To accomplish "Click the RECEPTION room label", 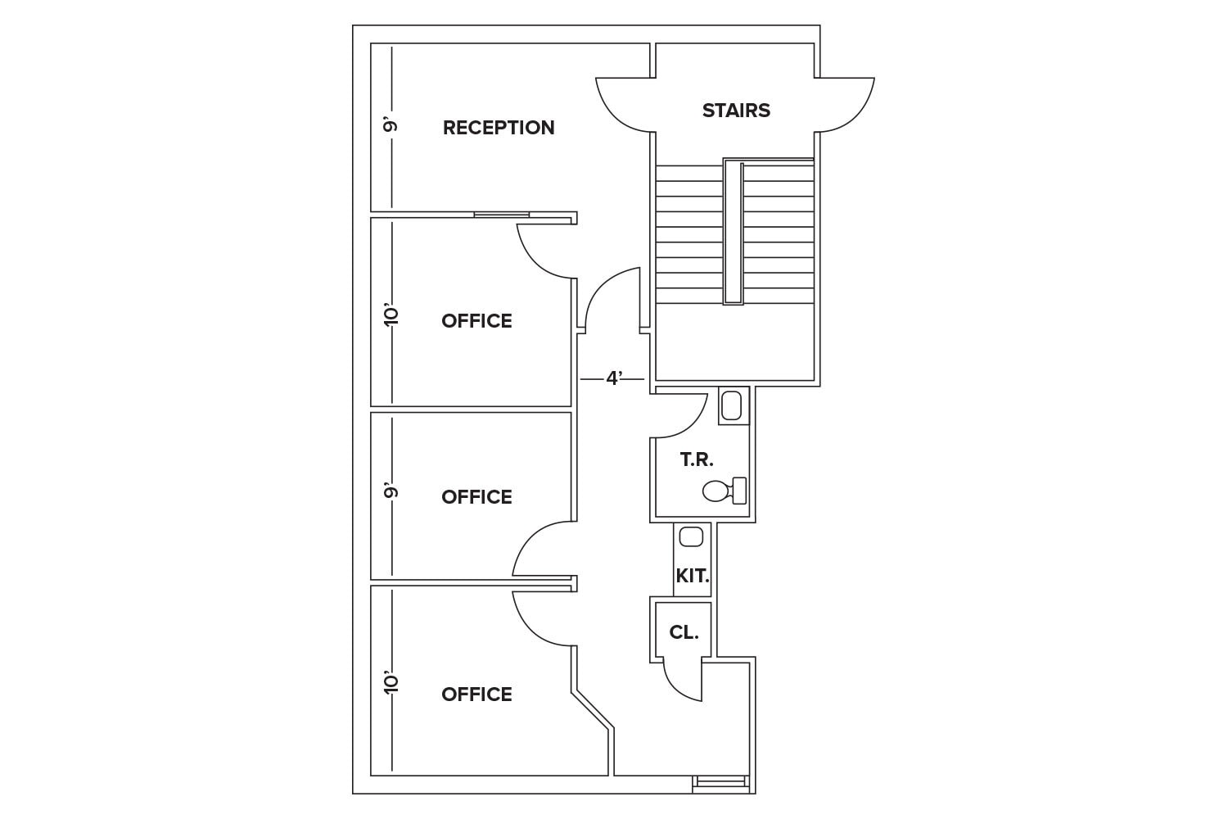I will tap(499, 128).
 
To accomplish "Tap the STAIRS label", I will tap(736, 111).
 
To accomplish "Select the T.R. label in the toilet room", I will tap(697, 460).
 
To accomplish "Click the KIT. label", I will tap(693, 577).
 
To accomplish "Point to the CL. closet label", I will tap(684, 632).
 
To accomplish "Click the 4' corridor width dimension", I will tap(614, 378).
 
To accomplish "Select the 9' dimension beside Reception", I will tap(391, 125).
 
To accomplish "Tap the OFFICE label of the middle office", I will tap(476, 497).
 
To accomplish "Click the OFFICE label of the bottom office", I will tap(476, 695).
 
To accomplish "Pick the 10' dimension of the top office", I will tap(391, 315).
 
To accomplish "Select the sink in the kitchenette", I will tap(692, 537).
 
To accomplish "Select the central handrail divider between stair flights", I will tap(733, 233).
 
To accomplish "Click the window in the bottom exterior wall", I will tap(720, 783).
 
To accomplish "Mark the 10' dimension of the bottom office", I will tap(391, 682).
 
